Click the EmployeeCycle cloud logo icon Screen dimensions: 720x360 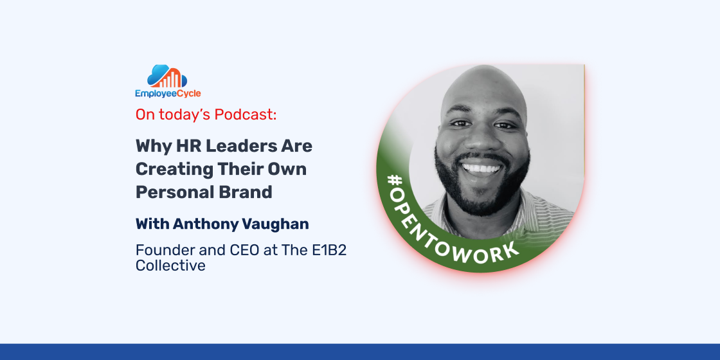tap(167, 76)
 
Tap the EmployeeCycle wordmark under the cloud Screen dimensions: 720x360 tap(168, 94)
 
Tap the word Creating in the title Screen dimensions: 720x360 tap(174, 169)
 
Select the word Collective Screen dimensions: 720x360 tap(170, 265)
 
